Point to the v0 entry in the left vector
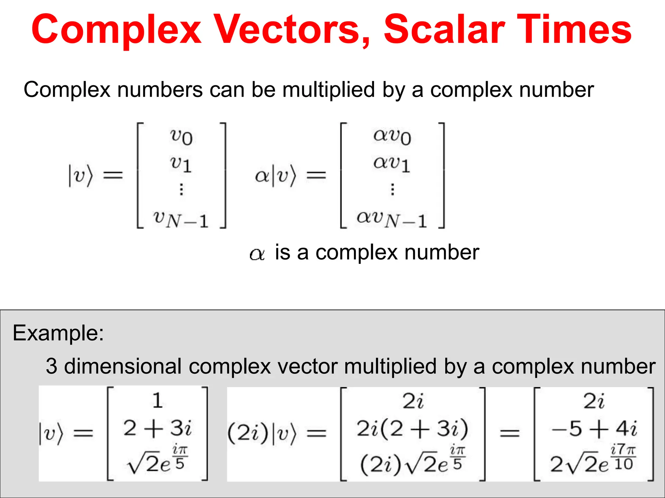(x=181, y=136)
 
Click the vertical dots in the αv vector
(x=393, y=189)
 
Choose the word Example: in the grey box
(x=58, y=333)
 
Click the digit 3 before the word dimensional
(x=51, y=366)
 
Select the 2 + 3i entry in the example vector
(x=157, y=428)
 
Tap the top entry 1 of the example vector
(x=157, y=401)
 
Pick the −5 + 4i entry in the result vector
(x=594, y=429)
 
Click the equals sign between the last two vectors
(x=509, y=433)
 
